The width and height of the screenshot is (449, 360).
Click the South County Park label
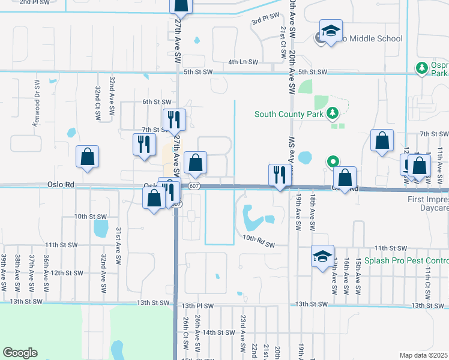(288, 114)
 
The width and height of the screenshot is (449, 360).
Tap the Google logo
(20, 353)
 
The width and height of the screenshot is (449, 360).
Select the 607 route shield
(193, 187)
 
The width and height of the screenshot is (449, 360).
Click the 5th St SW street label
(199, 72)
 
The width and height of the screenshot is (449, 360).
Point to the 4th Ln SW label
(243, 62)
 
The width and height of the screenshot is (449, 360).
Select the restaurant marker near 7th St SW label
(174, 120)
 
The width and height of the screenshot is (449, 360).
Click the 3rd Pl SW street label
(266, 19)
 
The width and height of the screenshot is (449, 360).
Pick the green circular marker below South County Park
(333, 161)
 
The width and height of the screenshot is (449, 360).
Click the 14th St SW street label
(218, 332)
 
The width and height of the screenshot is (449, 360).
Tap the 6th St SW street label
(157, 102)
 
